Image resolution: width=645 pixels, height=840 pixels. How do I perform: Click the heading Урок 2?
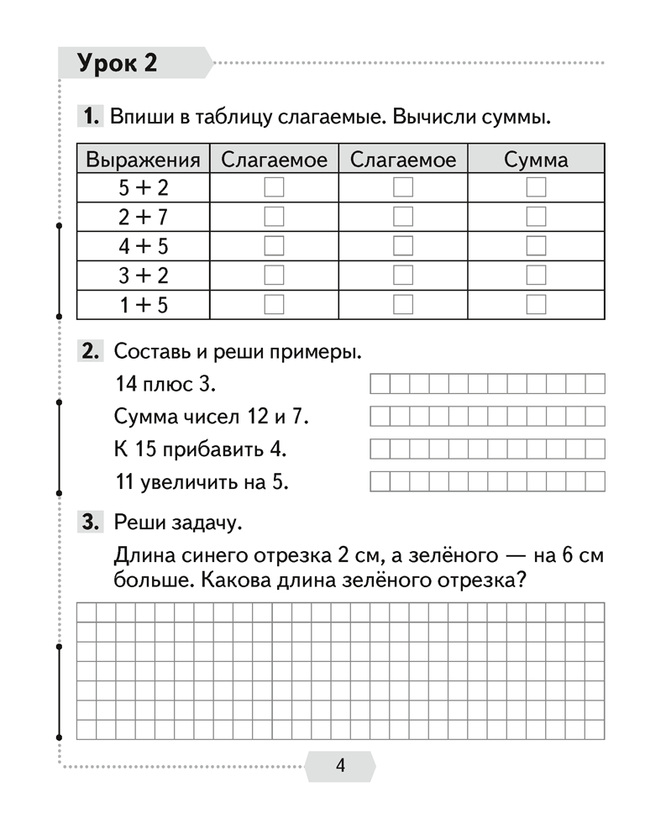[x=117, y=63]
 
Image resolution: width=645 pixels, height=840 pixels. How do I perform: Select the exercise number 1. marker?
[x=92, y=117]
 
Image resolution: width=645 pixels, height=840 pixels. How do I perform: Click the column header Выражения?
[x=144, y=160]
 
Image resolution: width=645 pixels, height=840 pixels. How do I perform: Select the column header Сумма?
[x=536, y=160]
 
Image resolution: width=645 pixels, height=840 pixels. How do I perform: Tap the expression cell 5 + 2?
[x=144, y=187]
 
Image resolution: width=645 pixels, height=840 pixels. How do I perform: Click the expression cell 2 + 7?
[x=144, y=217]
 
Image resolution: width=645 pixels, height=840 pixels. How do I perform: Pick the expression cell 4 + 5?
[x=144, y=246]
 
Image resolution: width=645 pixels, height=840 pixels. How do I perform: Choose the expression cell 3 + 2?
[x=144, y=276]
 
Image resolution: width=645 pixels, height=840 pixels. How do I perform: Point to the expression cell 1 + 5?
[x=144, y=305]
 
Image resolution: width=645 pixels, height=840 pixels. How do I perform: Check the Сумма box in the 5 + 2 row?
[x=536, y=187]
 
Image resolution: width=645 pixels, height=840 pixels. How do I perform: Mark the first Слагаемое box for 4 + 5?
[x=274, y=246]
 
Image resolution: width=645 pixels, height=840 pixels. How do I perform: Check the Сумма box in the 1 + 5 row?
[x=536, y=304]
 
